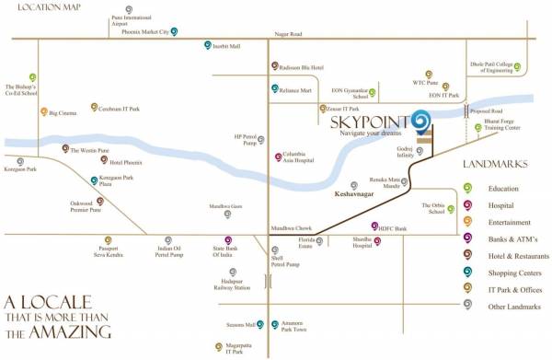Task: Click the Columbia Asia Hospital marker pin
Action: (x=279, y=157)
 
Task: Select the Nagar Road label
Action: (x=288, y=34)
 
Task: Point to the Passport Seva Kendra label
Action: (x=115, y=251)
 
